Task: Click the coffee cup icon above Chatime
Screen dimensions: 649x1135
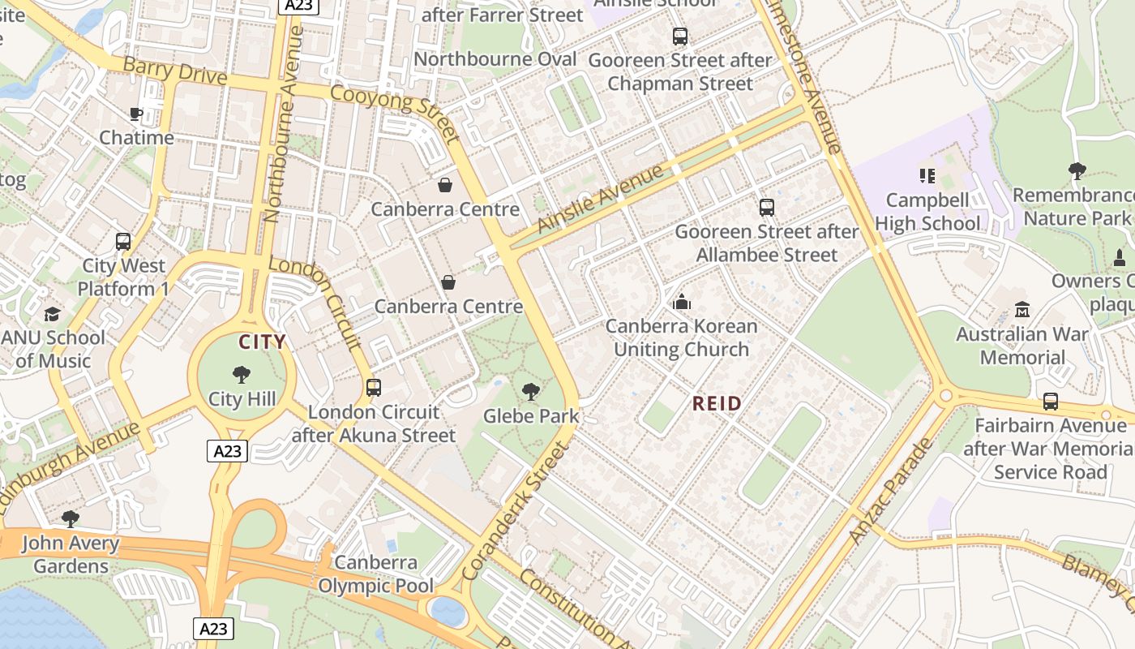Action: pos(135,114)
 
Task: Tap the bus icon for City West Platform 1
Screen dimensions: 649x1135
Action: pos(123,242)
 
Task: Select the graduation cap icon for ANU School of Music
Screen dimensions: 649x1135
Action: pos(53,314)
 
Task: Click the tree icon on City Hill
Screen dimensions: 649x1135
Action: pos(241,375)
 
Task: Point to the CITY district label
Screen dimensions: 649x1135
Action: pos(262,342)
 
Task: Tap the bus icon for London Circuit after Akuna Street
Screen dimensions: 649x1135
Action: pos(373,388)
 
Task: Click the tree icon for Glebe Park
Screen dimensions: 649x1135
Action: pos(531,393)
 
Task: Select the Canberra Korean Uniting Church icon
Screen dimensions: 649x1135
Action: pos(682,303)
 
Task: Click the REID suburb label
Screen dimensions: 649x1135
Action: pos(717,403)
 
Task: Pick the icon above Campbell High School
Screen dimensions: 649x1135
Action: pos(927,176)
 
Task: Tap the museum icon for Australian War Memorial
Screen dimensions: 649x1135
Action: pos(1021,310)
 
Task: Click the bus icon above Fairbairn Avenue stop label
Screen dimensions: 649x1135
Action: pos(1050,402)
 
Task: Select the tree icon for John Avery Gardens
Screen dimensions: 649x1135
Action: pos(71,519)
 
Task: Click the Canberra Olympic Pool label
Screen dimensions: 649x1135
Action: pos(375,574)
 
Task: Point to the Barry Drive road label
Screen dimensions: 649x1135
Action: pos(174,71)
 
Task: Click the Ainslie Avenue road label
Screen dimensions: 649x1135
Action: pos(600,200)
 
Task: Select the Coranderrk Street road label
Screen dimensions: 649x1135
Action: pos(516,511)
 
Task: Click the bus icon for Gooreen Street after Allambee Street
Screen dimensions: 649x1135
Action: pos(766,208)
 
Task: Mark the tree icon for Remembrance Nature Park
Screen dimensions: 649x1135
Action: pos(1077,171)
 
